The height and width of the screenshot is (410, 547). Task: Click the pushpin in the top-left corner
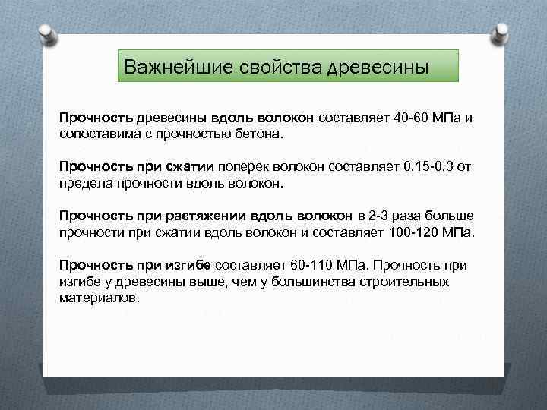[46, 30]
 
